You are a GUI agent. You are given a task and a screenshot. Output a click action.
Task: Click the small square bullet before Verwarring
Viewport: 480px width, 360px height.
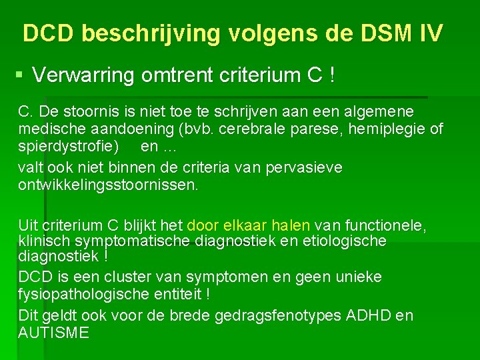(x=21, y=75)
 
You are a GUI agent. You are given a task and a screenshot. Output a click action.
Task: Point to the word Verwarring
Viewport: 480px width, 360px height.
(x=83, y=76)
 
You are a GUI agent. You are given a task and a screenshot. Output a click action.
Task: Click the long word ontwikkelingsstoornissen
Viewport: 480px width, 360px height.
(x=108, y=184)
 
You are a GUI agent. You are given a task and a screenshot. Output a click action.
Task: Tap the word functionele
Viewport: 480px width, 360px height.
(x=387, y=226)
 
